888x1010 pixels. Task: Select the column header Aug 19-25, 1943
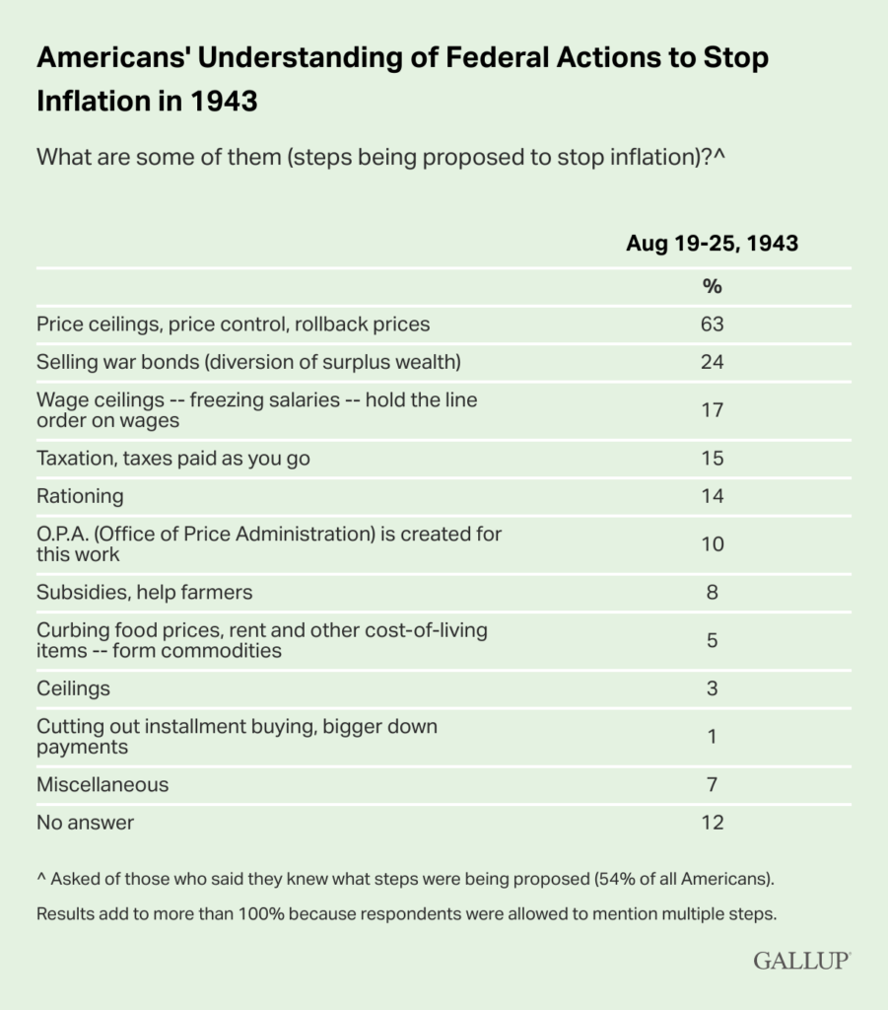[x=712, y=245]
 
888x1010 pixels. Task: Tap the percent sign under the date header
[x=712, y=286]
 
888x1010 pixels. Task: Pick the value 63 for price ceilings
[x=712, y=324]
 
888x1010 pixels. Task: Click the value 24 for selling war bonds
[x=712, y=362]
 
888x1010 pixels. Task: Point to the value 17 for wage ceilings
[x=712, y=410]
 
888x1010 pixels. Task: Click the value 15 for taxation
[x=712, y=459]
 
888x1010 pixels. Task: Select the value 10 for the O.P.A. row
[x=712, y=544]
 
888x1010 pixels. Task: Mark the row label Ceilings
[x=74, y=688]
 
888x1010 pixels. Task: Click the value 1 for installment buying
[x=712, y=737]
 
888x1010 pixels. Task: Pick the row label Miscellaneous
[x=102, y=785]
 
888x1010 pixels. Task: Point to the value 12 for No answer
[x=712, y=823]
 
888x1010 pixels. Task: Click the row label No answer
[x=85, y=823]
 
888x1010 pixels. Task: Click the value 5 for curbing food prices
[x=712, y=641]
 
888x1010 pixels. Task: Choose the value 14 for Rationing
[x=712, y=496]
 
